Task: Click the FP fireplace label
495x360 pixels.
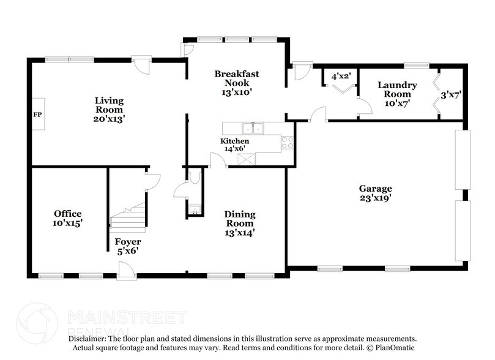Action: pos(37,115)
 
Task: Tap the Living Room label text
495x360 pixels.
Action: pos(109,105)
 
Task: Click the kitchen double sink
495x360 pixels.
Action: pos(252,129)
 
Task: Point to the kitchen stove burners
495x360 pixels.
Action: pos(287,143)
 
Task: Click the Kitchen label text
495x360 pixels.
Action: pos(235,141)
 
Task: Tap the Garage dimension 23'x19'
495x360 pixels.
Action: pos(376,198)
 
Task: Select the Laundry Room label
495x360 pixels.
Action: pos(397,90)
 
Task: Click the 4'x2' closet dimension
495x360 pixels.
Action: pos(340,77)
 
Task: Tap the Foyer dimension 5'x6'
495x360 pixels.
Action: pos(128,250)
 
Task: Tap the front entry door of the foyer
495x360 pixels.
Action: pos(127,271)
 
